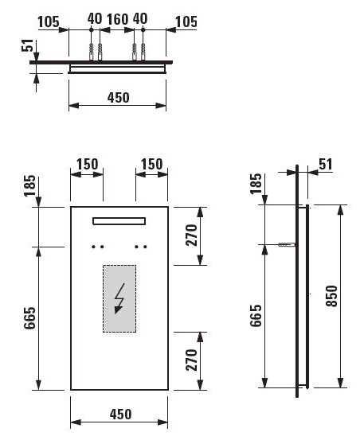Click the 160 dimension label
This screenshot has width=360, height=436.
pyautogui.click(x=118, y=19)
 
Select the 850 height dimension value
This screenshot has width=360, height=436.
pyautogui.click(x=331, y=296)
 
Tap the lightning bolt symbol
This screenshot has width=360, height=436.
pyautogui.click(x=119, y=298)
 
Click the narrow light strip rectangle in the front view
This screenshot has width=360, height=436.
pyautogui.click(x=119, y=220)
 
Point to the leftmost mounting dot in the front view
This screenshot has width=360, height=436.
pyautogui.click(x=93, y=247)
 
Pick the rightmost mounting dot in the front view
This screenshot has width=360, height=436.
pyautogui.click(x=144, y=247)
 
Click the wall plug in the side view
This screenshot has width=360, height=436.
pyautogui.click(x=286, y=245)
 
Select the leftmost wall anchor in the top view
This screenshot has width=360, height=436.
pyautogui.click(x=91, y=52)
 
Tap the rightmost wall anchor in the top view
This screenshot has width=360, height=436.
pyautogui.click(x=143, y=52)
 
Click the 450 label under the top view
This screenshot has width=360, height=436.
pyautogui.click(x=119, y=97)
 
